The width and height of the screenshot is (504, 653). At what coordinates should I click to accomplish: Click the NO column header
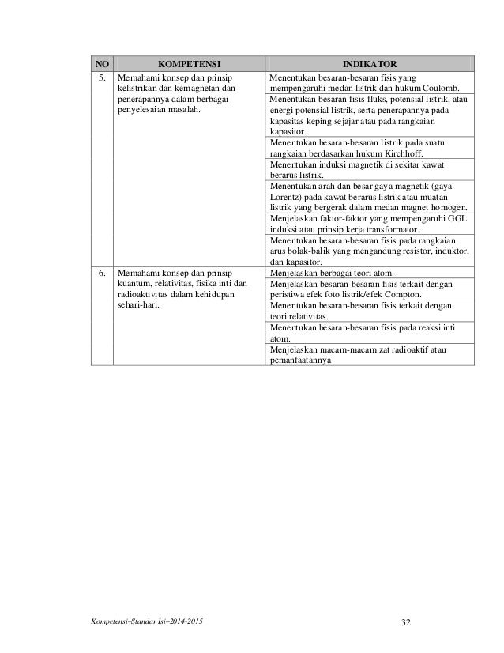pos(101,64)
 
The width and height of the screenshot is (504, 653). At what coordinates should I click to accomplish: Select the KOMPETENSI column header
pos(187,64)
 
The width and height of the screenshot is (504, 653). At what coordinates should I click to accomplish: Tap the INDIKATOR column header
pos(370,64)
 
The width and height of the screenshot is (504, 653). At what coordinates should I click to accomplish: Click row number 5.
pos(101,79)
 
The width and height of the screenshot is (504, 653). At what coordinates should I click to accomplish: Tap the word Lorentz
pos(287,202)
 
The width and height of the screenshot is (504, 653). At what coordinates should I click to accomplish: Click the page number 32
pos(406,622)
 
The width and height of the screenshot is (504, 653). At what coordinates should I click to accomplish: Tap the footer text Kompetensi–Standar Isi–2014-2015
pos(146,623)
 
